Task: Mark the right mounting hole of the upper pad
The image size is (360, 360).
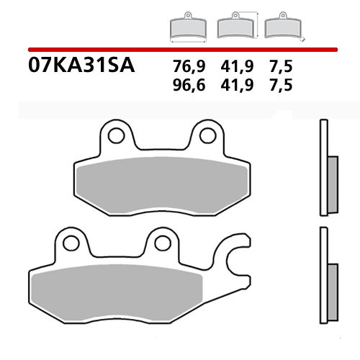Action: click(x=208, y=132)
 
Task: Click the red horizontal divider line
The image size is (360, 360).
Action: click(x=180, y=48)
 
